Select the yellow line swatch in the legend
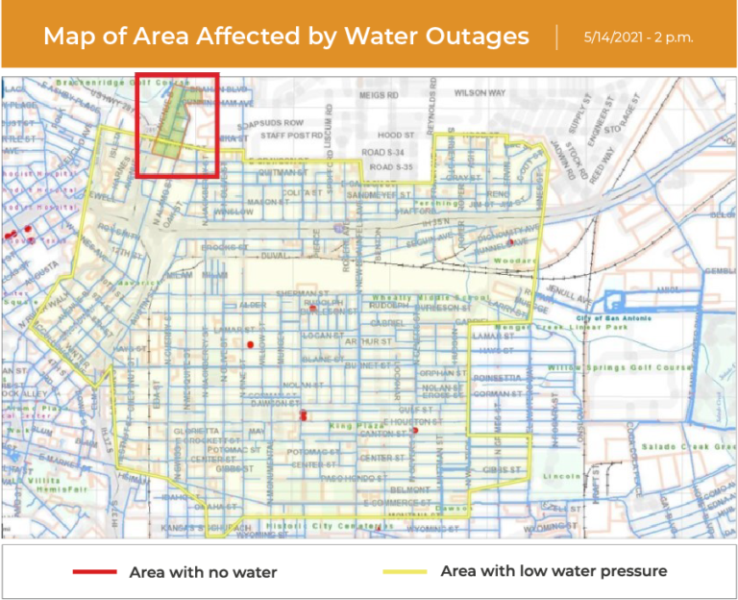(x=405, y=572)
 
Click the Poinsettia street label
(x=497, y=378)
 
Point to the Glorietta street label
(x=196, y=431)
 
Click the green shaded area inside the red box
(x=168, y=128)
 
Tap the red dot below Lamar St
(x=250, y=343)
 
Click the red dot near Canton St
(x=415, y=431)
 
